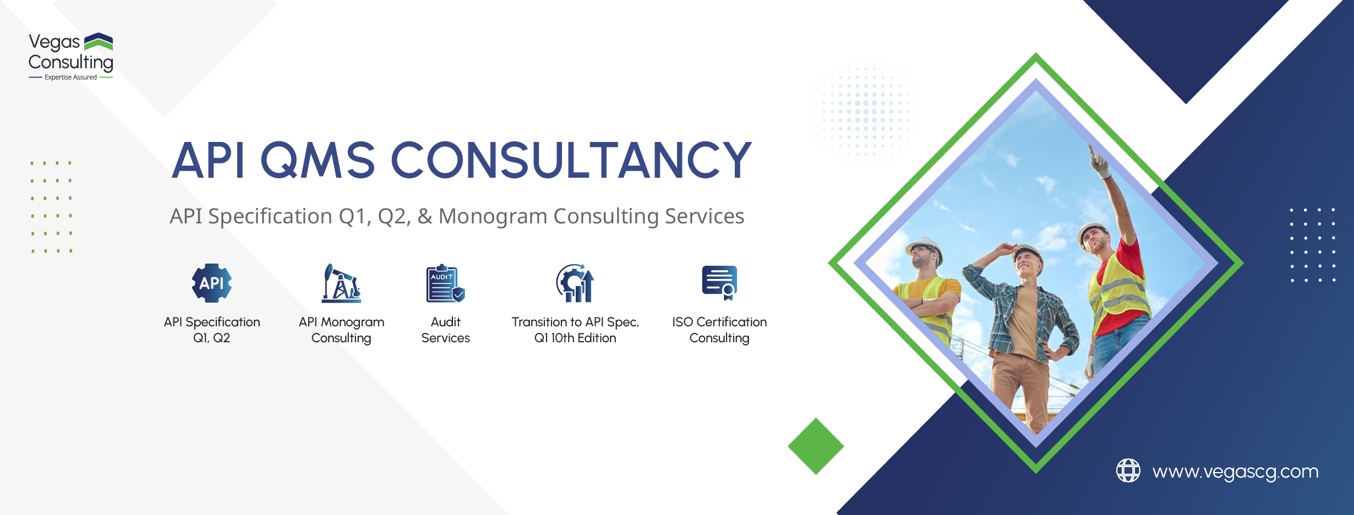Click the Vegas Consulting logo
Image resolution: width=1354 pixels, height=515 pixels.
click(x=71, y=57)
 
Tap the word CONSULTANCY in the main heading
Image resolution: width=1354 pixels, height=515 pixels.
click(x=571, y=160)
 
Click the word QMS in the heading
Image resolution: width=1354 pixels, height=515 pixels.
click(x=318, y=160)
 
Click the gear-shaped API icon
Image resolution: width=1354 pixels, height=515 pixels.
click(x=212, y=283)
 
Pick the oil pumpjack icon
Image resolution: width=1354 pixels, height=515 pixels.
click(x=341, y=283)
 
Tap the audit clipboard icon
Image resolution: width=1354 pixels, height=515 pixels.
click(x=445, y=283)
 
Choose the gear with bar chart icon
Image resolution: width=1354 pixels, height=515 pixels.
click(x=575, y=283)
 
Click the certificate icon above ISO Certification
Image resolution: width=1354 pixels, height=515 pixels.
click(x=719, y=283)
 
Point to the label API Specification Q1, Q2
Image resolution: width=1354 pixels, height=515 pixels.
click(x=212, y=330)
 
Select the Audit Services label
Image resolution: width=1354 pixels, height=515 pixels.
click(x=445, y=330)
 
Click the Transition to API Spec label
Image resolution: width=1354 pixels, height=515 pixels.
click(x=575, y=330)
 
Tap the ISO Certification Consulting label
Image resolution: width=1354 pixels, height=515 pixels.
click(x=719, y=330)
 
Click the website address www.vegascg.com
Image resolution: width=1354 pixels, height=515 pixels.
click(x=1236, y=472)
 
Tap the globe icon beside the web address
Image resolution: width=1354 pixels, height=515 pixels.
click(x=1128, y=470)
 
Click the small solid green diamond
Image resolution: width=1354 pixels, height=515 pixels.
click(x=816, y=446)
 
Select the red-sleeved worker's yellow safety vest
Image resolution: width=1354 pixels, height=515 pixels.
click(x=1120, y=292)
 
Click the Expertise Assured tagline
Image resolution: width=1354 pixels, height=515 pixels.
click(x=70, y=78)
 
